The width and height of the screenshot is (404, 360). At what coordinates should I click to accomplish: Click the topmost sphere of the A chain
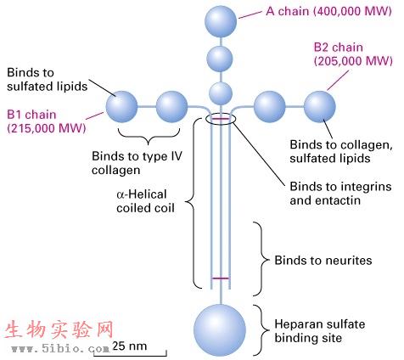tap(221, 21)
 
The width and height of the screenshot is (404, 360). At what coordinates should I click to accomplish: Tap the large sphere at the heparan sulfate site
tap(220, 330)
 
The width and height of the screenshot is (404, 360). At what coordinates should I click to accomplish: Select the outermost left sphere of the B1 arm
tap(121, 107)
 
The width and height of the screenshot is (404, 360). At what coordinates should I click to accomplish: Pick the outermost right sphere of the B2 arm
tap(320, 107)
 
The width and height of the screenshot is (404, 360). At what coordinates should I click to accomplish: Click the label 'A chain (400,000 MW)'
tap(328, 11)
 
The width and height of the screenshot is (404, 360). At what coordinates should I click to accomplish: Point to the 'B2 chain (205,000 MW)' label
tap(353, 54)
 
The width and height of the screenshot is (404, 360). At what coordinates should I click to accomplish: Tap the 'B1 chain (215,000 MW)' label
tap(47, 121)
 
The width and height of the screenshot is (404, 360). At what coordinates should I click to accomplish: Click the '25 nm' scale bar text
tap(130, 346)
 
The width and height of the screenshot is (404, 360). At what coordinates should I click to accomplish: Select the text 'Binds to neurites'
tap(323, 261)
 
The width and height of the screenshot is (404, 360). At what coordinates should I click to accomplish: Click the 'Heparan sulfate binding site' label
tap(320, 331)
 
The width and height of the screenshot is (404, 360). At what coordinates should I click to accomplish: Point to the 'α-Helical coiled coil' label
tap(145, 201)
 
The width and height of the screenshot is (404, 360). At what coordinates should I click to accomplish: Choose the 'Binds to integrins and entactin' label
tap(340, 194)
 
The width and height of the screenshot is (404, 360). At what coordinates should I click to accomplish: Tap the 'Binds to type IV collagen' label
tap(137, 163)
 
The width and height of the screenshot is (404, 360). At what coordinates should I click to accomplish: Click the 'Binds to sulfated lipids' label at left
tap(47, 80)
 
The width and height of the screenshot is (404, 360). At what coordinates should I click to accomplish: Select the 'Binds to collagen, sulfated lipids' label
tap(341, 151)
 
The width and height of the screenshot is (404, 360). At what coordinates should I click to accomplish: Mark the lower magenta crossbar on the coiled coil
tap(221, 278)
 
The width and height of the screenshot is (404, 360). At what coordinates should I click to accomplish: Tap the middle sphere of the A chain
tap(220, 59)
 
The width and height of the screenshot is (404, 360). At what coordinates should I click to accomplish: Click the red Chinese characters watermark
tap(59, 329)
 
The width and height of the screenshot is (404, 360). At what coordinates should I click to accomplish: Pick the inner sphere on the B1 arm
tap(171, 107)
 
